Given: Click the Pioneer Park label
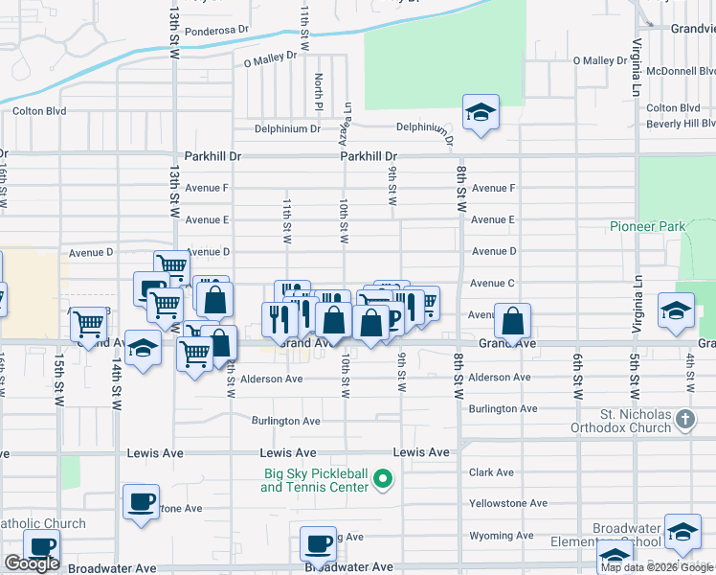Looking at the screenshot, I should tap(647, 227).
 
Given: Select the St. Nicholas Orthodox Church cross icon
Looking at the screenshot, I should tap(684, 419).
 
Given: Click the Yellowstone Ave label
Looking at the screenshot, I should tap(507, 503).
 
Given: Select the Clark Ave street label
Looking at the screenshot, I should tap(493, 472).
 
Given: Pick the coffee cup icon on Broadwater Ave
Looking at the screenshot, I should tap(318, 544).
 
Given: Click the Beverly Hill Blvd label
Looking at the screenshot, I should tap(681, 124).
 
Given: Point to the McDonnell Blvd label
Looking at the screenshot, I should tap(680, 71).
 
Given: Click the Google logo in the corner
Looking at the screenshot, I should tap(32, 563).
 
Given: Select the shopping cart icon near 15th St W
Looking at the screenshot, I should tap(88, 325).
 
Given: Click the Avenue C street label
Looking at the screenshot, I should tap(493, 284).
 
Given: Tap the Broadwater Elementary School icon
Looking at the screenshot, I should tap(682, 534).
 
